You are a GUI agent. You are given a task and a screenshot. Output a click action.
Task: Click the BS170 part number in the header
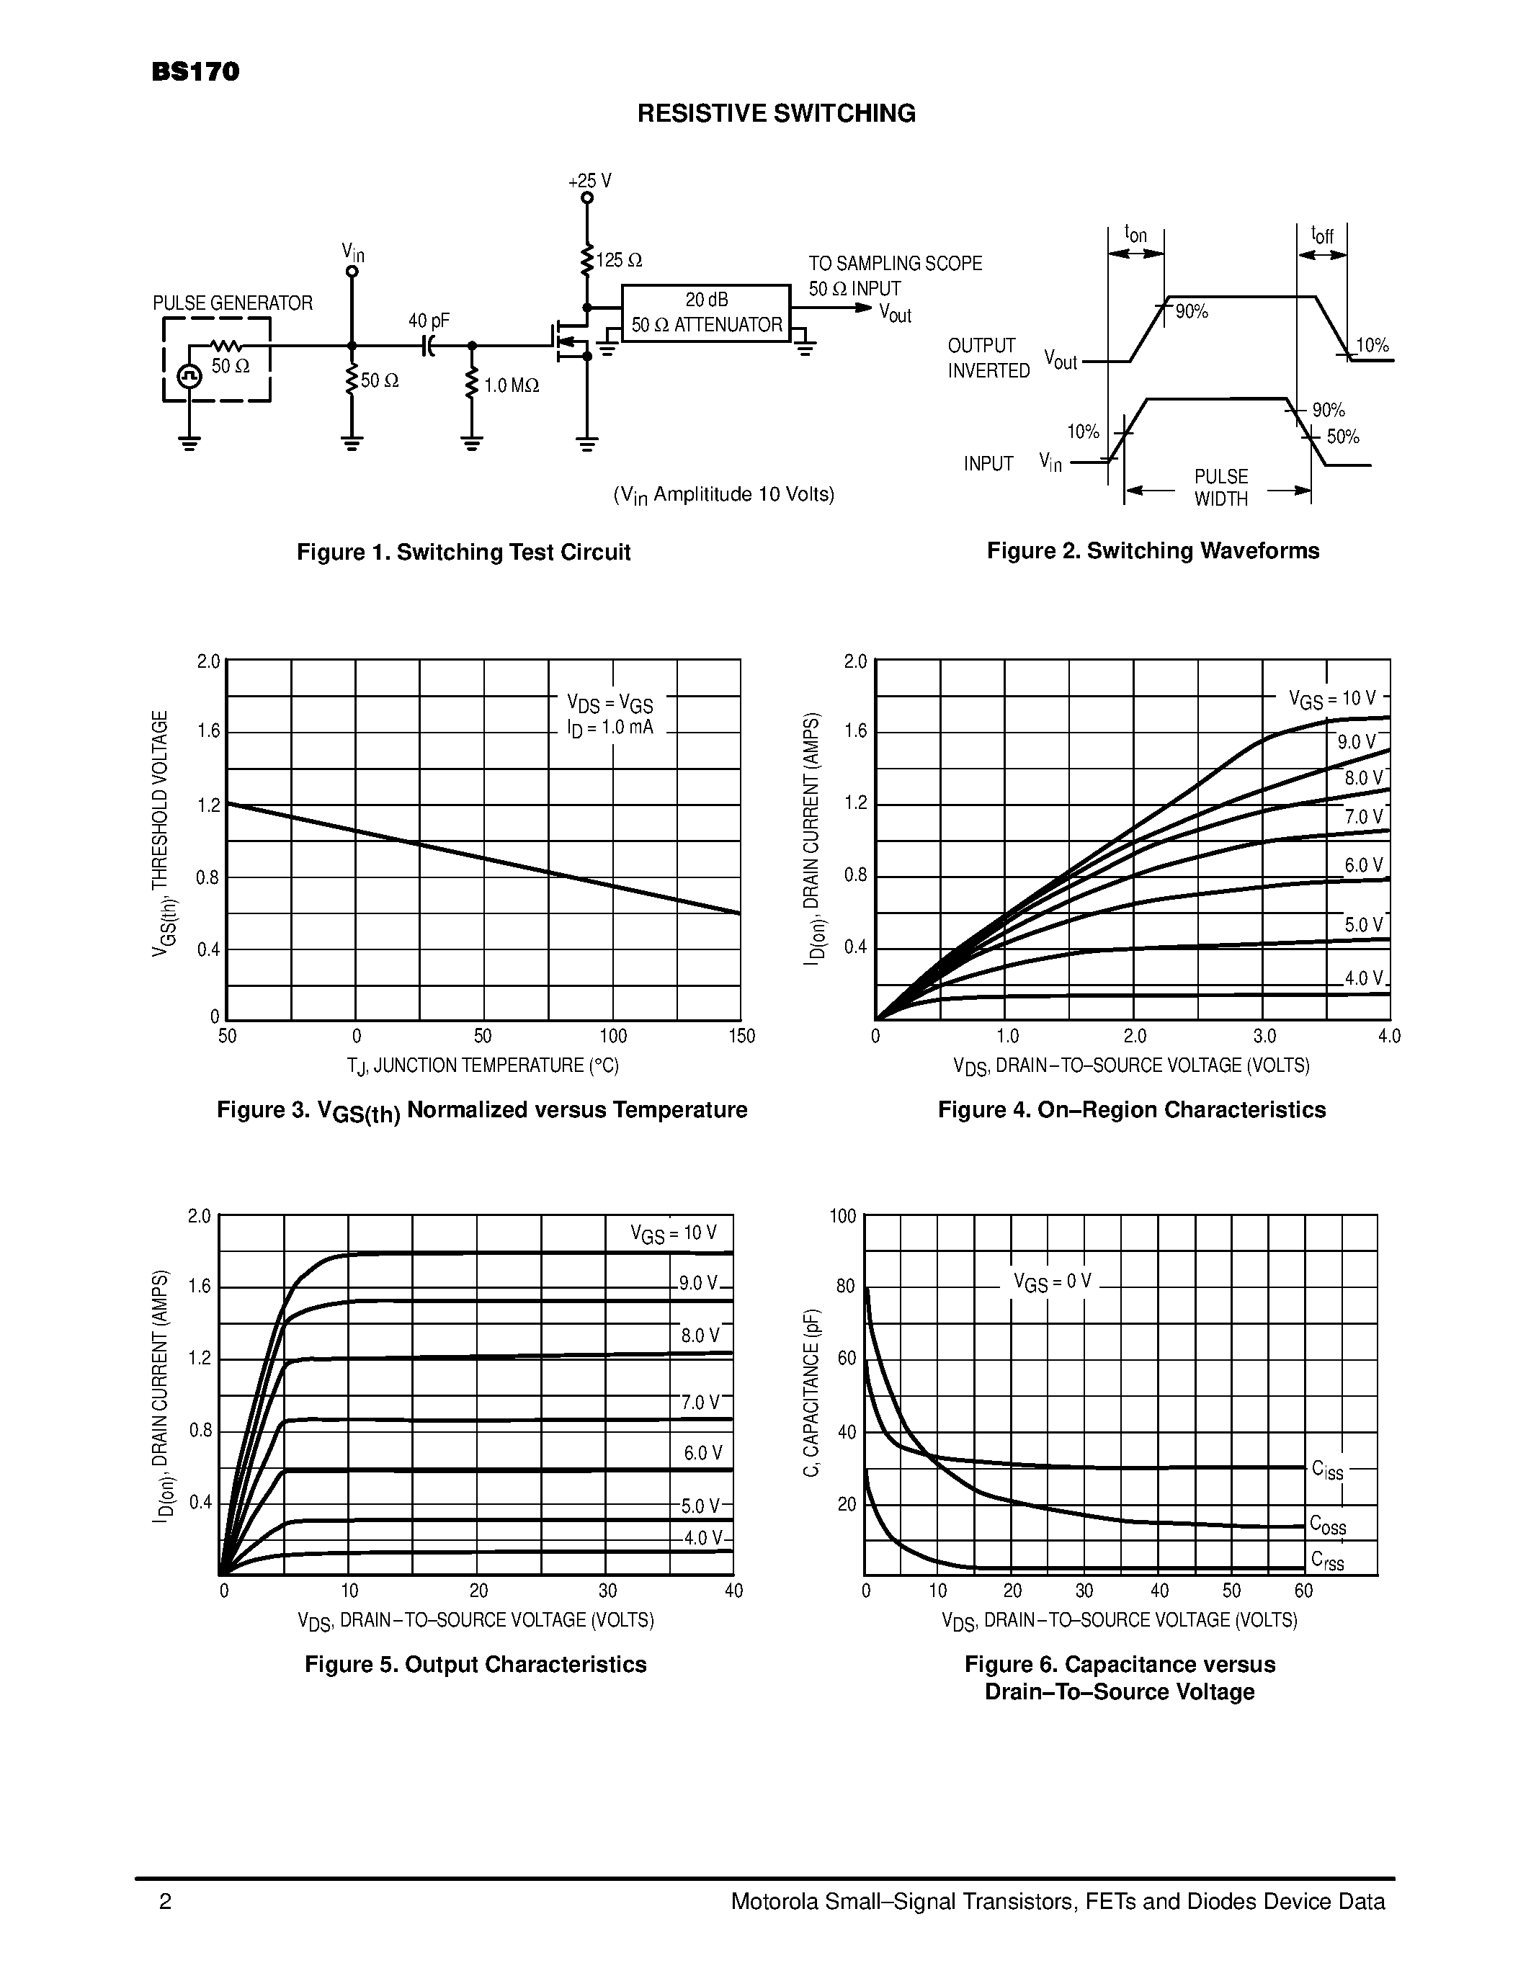(x=195, y=73)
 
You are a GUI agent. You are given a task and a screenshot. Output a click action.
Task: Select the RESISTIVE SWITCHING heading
(x=777, y=113)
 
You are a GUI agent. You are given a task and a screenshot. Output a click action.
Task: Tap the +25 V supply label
(x=589, y=181)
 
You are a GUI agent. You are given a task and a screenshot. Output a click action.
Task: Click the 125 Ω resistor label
(x=620, y=260)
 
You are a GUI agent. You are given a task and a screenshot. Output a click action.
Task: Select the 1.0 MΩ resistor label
(x=512, y=385)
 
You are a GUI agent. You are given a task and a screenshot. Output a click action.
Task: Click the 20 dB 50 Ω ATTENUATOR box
(x=705, y=313)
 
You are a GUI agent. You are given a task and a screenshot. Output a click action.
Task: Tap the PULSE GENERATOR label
(x=232, y=303)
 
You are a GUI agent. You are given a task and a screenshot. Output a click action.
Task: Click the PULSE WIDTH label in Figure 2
(x=1220, y=488)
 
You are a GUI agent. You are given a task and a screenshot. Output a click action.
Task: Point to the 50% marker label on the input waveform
(x=1342, y=437)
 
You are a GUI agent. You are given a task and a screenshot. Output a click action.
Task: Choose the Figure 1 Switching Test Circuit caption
(x=463, y=553)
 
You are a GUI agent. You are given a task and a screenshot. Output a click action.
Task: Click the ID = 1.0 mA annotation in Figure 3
(x=604, y=728)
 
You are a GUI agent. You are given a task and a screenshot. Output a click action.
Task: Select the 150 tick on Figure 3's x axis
(x=741, y=1036)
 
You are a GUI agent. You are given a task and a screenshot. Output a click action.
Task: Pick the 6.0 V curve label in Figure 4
(x=1363, y=865)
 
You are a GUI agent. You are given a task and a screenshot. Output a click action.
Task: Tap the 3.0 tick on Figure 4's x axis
(x=1264, y=1036)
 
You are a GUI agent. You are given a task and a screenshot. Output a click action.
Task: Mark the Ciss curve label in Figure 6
(x=1327, y=1470)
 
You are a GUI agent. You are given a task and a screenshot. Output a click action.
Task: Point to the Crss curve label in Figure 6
(x=1327, y=1561)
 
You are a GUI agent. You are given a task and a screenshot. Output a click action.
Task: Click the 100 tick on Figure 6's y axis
(x=843, y=1215)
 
